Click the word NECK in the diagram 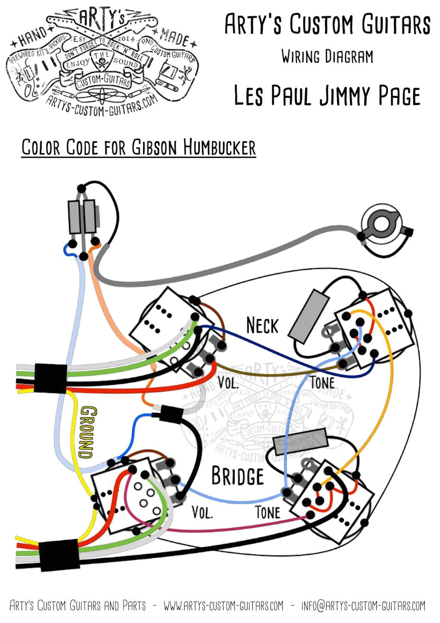[262, 326]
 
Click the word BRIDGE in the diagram [237, 476]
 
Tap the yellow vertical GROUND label [87, 432]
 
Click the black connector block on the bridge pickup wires [59, 555]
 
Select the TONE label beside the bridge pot [268, 512]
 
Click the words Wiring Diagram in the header [327, 57]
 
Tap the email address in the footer [363, 606]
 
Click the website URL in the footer [223, 606]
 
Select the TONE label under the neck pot [322, 383]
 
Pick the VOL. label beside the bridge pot [203, 512]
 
